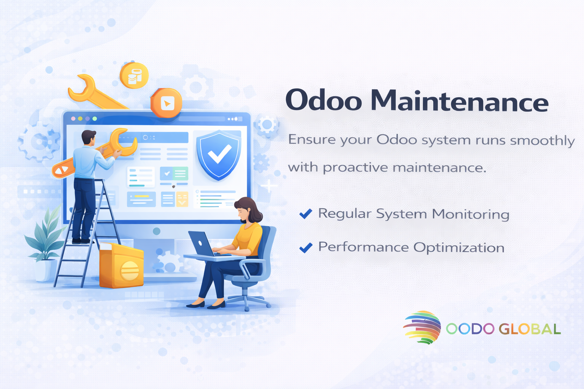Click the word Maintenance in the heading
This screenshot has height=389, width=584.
[x=459, y=101]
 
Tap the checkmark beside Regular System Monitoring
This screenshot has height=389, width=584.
[x=306, y=213]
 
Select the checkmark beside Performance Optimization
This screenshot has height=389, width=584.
[x=306, y=248]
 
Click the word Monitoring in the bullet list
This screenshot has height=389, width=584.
[x=471, y=214]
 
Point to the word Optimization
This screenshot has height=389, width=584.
[x=459, y=248]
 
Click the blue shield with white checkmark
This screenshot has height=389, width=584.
[x=219, y=155]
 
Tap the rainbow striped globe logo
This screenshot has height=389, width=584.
[x=422, y=327]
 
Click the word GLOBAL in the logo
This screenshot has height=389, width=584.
[x=530, y=329]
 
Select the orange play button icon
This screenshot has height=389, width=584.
[x=166, y=103]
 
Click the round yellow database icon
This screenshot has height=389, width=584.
[x=134, y=75]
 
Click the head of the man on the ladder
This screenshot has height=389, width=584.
[x=89, y=137]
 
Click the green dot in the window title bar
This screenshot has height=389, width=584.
[x=95, y=119]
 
